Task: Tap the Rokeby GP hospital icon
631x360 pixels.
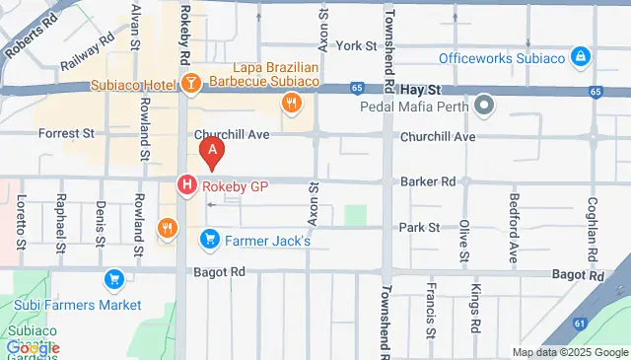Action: pos(185,183)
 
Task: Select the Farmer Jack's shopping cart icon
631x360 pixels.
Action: pos(209,239)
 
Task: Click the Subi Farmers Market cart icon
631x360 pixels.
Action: pos(114,280)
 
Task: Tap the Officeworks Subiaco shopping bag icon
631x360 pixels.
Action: pos(581,56)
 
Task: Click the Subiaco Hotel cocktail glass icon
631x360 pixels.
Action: pos(191,84)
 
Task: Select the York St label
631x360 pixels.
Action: pos(357,46)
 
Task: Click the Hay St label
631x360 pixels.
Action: pos(419,88)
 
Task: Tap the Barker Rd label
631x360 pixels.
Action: pos(428,181)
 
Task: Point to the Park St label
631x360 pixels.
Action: pos(419,228)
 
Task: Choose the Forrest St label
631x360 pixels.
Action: pos(65,133)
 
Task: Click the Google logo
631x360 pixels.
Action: pos(32,347)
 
